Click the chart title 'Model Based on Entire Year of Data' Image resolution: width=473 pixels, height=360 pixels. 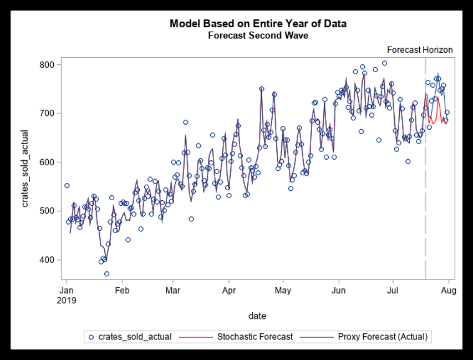[258, 24]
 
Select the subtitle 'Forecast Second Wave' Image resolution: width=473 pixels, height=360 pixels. [258, 36]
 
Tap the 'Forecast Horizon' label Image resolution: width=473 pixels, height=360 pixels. [420, 50]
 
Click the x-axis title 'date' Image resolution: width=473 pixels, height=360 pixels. [257, 316]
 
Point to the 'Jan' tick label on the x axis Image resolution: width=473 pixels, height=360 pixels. [67, 290]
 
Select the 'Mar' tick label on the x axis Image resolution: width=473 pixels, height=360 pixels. [173, 290]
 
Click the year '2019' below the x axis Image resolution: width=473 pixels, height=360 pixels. [68, 300]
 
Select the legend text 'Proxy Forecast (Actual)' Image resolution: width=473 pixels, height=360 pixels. [383, 337]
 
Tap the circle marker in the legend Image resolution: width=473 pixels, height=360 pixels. [92, 337]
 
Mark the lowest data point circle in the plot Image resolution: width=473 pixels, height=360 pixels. [106, 273]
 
